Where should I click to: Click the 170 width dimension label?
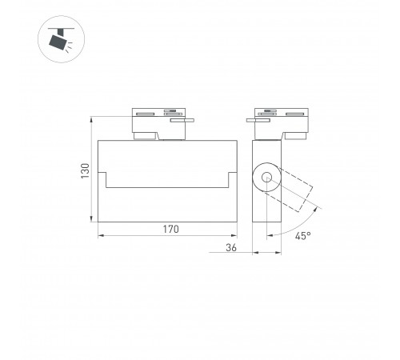click(167, 230)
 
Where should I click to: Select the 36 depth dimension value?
click(230, 249)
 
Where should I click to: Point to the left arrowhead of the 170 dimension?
click(100, 236)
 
